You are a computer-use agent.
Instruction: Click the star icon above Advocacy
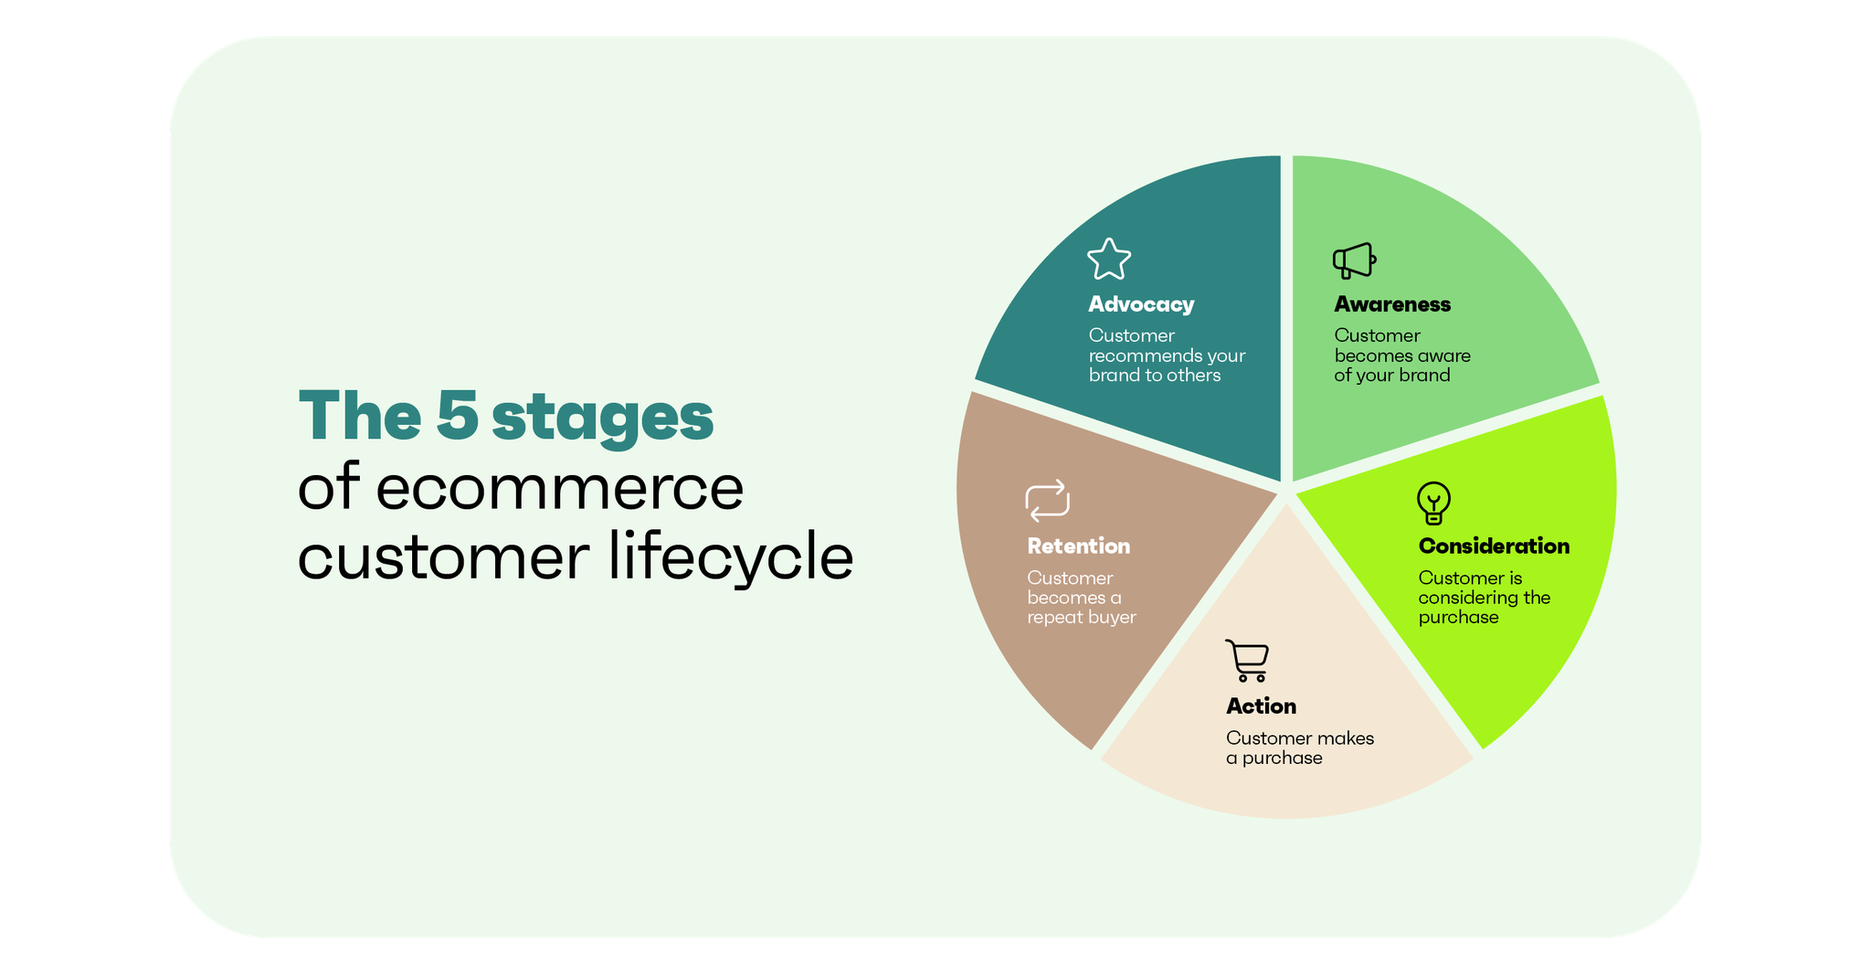click(x=1109, y=260)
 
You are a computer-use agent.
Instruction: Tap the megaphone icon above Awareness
click(x=1354, y=260)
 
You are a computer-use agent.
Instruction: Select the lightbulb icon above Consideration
click(x=1433, y=503)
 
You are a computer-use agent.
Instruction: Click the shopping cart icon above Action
click(x=1247, y=661)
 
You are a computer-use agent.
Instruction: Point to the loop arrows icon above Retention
click(x=1047, y=501)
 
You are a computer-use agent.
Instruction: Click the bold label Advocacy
click(x=1141, y=304)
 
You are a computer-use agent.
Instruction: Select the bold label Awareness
click(x=1392, y=304)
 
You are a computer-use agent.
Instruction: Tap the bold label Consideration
click(x=1494, y=546)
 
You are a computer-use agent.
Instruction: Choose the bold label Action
click(x=1261, y=706)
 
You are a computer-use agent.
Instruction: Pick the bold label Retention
click(x=1078, y=546)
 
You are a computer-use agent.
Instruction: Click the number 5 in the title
click(x=457, y=416)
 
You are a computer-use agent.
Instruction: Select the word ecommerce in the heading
click(x=559, y=488)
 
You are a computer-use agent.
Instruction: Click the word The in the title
click(x=359, y=416)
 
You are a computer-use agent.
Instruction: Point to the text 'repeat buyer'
click(x=1081, y=618)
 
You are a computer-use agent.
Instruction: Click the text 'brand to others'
click(x=1154, y=376)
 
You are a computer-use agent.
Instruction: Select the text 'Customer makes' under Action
click(x=1299, y=738)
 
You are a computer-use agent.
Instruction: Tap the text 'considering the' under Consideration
click(x=1484, y=598)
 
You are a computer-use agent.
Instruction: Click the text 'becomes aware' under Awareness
click(x=1401, y=355)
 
